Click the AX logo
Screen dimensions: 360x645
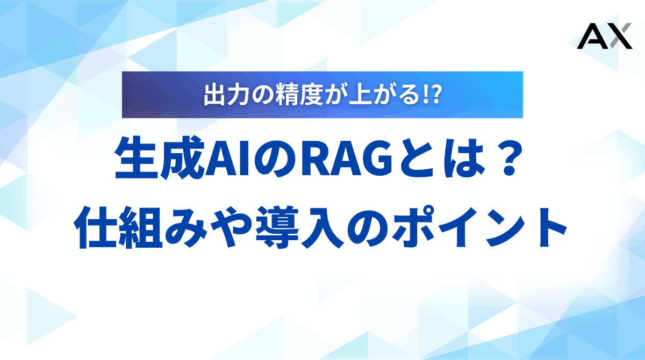[x=604, y=37]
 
